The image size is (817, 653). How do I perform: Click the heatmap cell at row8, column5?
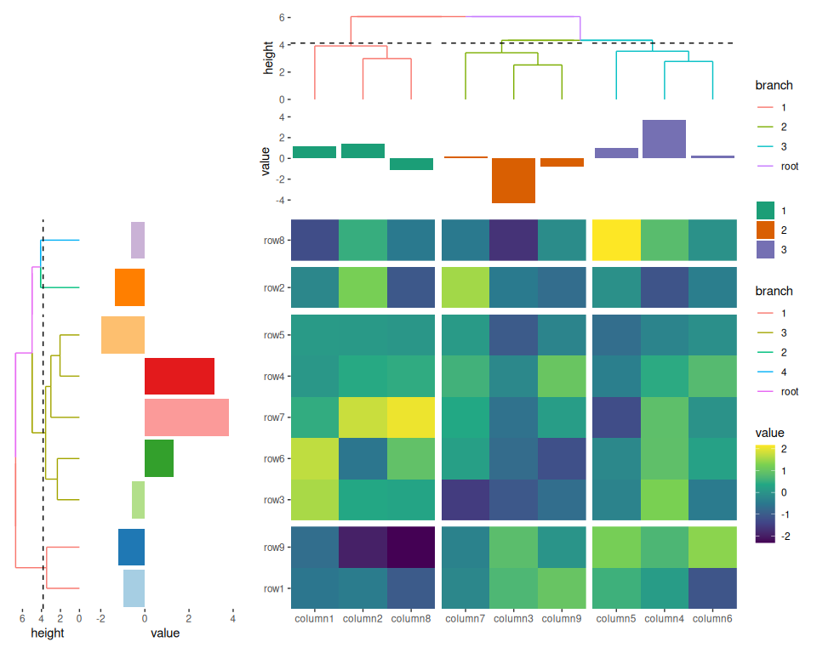(x=616, y=240)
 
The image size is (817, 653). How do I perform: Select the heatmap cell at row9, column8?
(x=411, y=547)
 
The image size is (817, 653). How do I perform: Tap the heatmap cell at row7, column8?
(x=411, y=417)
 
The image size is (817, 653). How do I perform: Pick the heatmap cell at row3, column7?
(x=466, y=499)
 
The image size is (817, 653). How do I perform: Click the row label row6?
(x=273, y=458)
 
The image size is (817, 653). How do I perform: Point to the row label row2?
(x=273, y=287)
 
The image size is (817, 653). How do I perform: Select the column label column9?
(x=562, y=618)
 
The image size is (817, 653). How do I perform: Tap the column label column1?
(x=314, y=618)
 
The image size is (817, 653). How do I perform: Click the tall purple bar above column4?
(x=664, y=139)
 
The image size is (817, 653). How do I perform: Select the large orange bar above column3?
(x=514, y=180)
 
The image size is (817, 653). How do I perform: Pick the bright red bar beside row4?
(x=179, y=376)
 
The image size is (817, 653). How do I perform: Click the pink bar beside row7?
(x=186, y=417)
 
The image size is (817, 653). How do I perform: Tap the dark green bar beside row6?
(x=159, y=458)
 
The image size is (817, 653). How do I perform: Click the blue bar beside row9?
(x=131, y=547)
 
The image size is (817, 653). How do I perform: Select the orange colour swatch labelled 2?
(x=766, y=230)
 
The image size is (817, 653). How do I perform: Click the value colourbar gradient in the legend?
(x=765, y=493)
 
